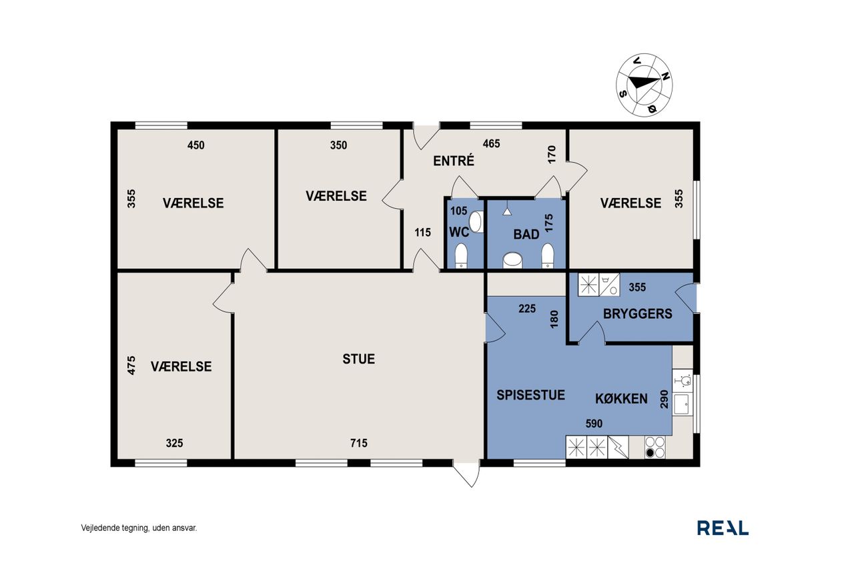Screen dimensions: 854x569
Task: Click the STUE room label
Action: pyautogui.click(x=358, y=359)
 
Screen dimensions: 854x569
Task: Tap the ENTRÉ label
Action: pyautogui.click(x=454, y=161)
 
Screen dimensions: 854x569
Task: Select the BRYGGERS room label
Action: pyautogui.click(x=637, y=314)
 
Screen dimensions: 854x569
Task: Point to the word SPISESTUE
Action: pyautogui.click(x=530, y=395)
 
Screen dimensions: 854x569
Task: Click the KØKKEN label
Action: pyautogui.click(x=621, y=399)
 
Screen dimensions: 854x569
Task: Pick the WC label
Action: pyautogui.click(x=459, y=232)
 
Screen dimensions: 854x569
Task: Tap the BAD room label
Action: pyautogui.click(x=526, y=234)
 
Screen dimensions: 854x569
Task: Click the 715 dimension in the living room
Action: pyautogui.click(x=359, y=443)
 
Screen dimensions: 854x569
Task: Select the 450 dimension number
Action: pyautogui.click(x=196, y=145)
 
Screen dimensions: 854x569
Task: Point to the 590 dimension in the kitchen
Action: pyautogui.click(x=594, y=424)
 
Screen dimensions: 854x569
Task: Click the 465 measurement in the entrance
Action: pyautogui.click(x=491, y=143)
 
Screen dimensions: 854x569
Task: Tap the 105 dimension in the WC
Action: pyautogui.click(x=458, y=211)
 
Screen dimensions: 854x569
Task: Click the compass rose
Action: pyautogui.click(x=645, y=85)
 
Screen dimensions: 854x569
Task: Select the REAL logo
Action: pyautogui.click(x=723, y=528)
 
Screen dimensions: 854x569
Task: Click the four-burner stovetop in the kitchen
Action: pyautogui.click(x=655, y=447)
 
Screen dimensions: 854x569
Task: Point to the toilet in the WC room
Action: pyautogui.click(x=461, y=255)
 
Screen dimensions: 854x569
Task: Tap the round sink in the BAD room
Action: pyautogui.click(x=512, y=260)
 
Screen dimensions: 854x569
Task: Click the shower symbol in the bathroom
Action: pyautogui.click(x=506, y=211)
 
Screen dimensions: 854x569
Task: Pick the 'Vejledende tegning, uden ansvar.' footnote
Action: pyautogui.click(x=139, y=528)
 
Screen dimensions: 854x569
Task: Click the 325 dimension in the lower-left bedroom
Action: pyautogui.click(x=174, y=443)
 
